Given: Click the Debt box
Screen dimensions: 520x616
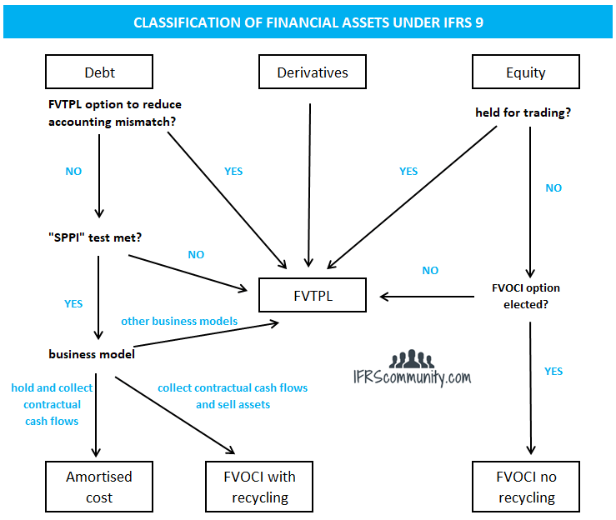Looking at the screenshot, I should [99, 72].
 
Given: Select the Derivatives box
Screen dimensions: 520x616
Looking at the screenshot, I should [312, 72].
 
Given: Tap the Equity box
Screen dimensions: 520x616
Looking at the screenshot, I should [525, 72].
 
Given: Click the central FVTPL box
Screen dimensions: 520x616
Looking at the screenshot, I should [312, 295].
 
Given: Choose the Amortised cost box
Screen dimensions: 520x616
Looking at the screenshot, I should [99, 487].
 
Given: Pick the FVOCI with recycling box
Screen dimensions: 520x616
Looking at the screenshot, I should [260, 487].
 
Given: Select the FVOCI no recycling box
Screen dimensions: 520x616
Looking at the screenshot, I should [525, 487].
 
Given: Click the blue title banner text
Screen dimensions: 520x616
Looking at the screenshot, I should [308, 22].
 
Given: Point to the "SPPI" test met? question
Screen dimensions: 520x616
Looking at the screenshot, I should [95, 237].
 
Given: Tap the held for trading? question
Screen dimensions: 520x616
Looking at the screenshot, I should [523, 112].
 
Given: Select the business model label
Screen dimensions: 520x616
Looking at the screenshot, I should [92, 354].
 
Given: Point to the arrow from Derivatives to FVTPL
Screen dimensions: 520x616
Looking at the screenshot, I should [310, 183].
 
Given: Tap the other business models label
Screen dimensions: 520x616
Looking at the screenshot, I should [179, 321].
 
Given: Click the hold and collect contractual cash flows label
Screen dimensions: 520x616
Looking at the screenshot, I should [53, 404].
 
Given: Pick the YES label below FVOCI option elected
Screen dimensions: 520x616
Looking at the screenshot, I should [553, 372].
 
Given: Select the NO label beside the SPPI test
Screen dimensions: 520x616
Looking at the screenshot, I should [196, 254].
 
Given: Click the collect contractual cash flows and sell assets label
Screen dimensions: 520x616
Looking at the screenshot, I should [233, 396].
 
